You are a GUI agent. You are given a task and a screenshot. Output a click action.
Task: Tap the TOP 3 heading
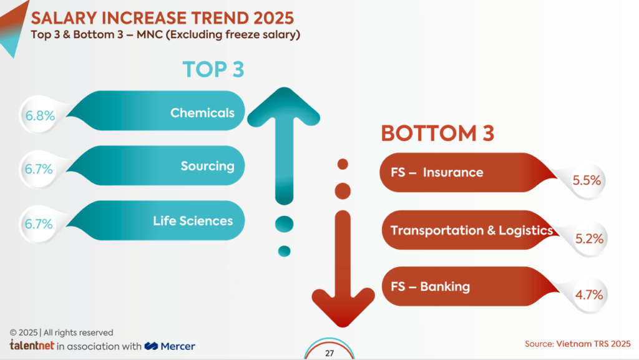pyautogui.click(x=213, y=69)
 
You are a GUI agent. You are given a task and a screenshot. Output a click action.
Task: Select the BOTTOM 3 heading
pyautogui.click(x=437, y=133)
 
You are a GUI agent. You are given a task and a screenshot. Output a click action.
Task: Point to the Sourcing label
pyautogui.click(x=207, y=166)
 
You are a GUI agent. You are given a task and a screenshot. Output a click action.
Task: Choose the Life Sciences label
pyautogui.click(x=193, y=221)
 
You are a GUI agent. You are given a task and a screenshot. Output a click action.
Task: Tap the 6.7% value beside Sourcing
pyautogui.click(x=39, y=169)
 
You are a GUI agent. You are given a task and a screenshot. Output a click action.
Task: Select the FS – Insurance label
pyautogui.click(x=437, y=172)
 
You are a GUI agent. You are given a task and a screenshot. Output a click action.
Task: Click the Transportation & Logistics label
pyautogui.click(x=471, y=230)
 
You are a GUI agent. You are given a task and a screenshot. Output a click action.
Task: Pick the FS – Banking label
pyautogui.click(x=430, y=287)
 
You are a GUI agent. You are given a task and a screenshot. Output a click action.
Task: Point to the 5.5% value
pyautogui.click(x=587, y=181)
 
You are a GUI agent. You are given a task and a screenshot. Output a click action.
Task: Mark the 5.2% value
pyautogui.click(x=588, y=238)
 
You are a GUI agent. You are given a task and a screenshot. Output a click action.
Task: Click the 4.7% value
pyautogui.click(x=588, y=295)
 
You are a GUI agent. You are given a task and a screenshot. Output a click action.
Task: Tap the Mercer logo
pyautogui.click(x=170, y=346)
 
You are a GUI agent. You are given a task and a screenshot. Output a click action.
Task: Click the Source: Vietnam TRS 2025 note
pyautogui.click(x=577, y=344)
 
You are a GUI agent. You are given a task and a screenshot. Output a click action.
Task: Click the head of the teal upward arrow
pyautogui.click(x=285, y=109)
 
